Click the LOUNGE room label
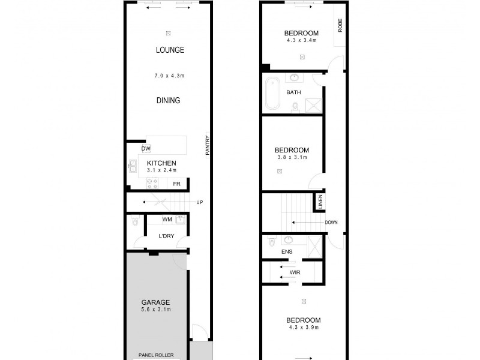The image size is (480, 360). [x=170, y=50]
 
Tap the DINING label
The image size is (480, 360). [x=168, y=101]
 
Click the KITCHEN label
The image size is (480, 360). [x=161, y=163]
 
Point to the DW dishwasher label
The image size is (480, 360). [x=145, y=149]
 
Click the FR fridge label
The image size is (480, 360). [x=177, y=184]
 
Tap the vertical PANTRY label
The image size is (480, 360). [x=208, y=145]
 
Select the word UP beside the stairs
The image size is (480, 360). [x=199, y=202]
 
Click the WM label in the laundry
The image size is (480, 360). [x=167, y=220]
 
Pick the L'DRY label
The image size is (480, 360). [x=166, y=236]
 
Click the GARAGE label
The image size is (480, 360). [x=156, y=302]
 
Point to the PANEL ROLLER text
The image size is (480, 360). [x=156, y=355]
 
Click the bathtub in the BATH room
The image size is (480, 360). [x=271, y=93]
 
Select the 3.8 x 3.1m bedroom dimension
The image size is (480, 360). [x=292, y=157]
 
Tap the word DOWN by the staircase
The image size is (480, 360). [x=331, y=223]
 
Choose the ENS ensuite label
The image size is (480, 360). [x=286, y=252]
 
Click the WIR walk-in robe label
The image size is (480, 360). [x=294, y=272]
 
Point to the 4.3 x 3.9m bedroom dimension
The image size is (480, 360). [x=303, y=328]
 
